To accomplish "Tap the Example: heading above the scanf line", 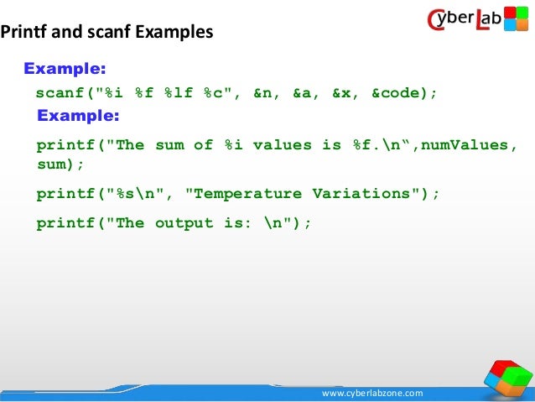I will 64,68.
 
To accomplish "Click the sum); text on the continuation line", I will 60,164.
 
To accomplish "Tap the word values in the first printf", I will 283,145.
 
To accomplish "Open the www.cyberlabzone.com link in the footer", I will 373,393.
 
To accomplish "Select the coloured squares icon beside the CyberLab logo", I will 515,18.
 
